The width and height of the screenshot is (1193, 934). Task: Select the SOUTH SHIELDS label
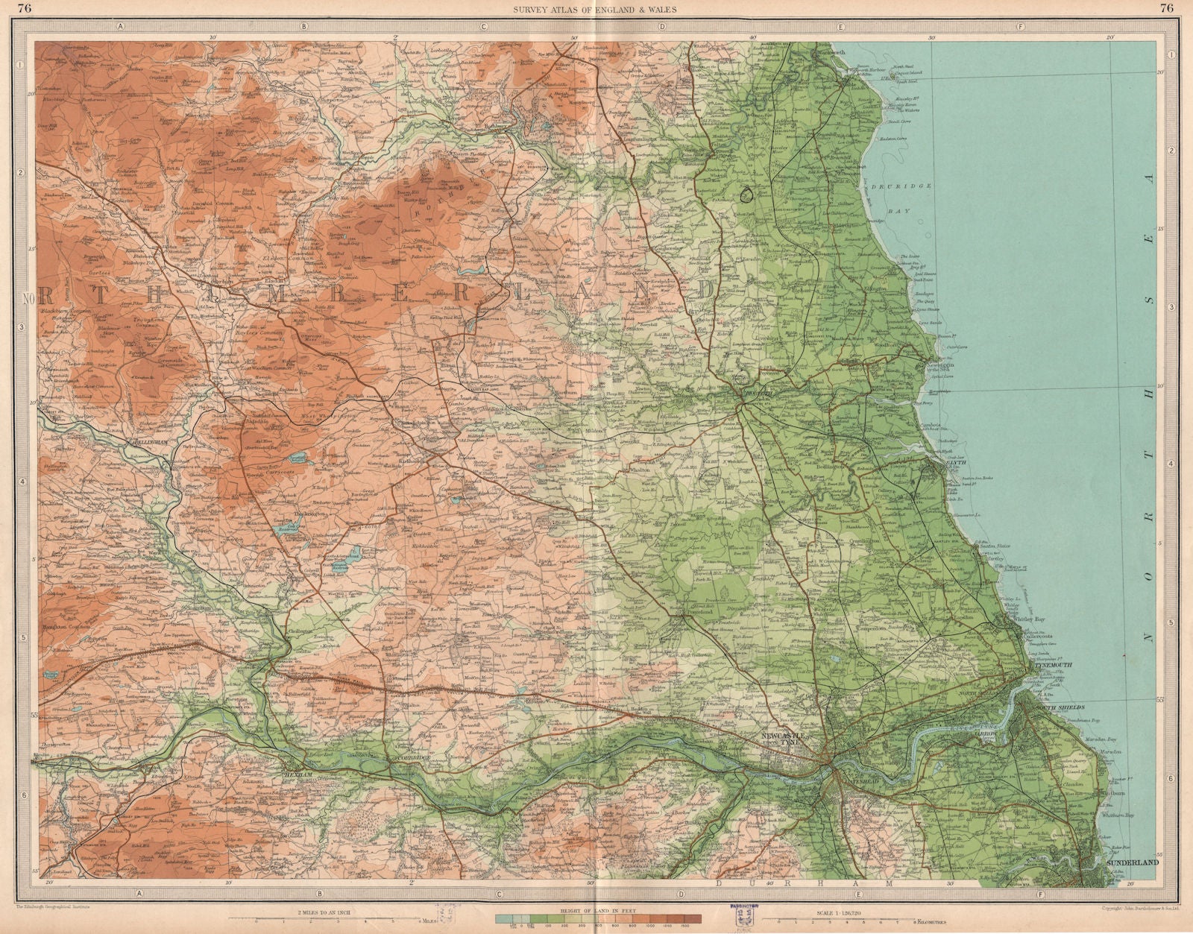tap(1060, 706)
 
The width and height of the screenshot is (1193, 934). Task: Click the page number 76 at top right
tap(1166, 8)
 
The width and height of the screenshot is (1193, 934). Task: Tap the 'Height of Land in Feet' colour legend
tap(599, 916)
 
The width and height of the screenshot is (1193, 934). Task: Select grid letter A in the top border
tap(119, 26)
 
